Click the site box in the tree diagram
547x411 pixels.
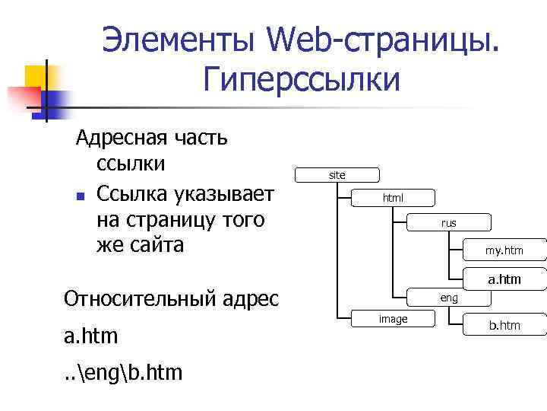tap(337, 175)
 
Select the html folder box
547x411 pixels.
tap(393, 198)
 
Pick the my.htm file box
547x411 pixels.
tap(504, 250)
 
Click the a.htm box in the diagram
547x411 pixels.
tap(504, 279)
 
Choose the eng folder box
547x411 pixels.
tap(449, 298)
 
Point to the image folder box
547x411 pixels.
tap(393, 319)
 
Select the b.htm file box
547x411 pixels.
tap(504, 326)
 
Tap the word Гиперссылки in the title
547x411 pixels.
tap(302, 78)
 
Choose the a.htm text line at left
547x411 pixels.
tap(97, 336)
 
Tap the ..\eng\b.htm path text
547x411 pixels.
tap(124, 374)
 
